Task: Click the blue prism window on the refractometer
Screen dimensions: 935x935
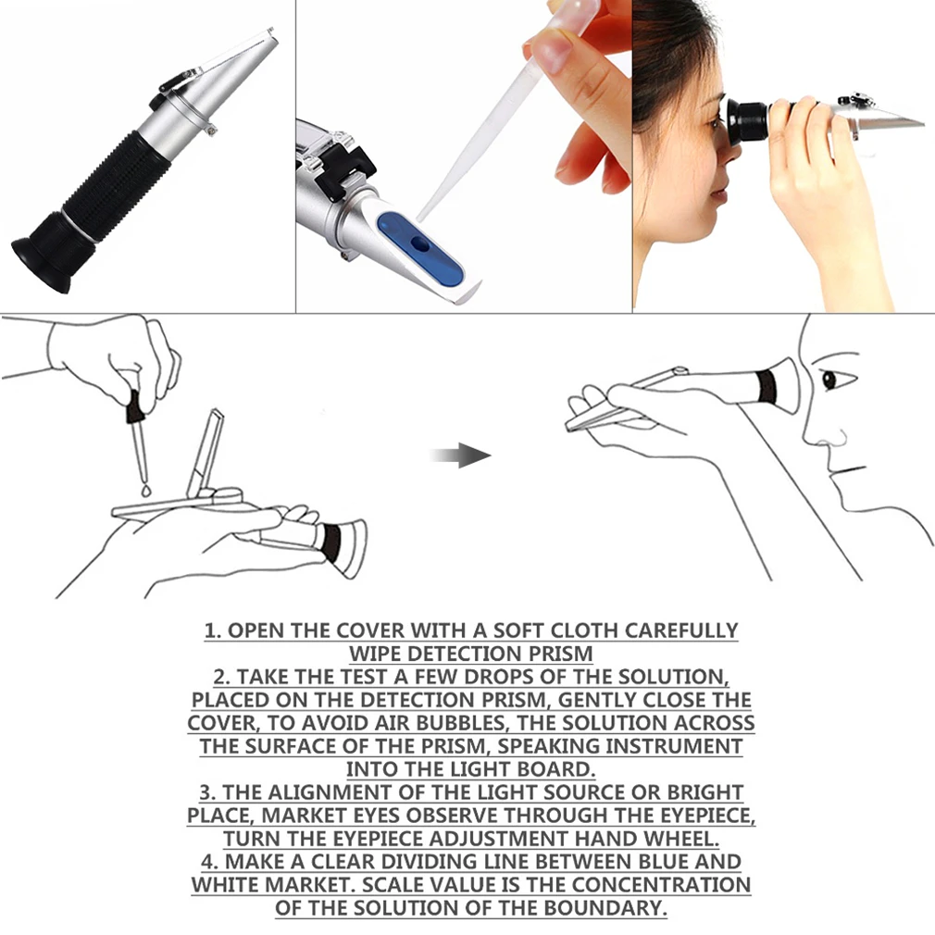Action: point(420,247)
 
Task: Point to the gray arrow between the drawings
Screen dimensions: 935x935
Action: point(460,455)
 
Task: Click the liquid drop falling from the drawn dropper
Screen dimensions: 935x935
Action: point(146,491)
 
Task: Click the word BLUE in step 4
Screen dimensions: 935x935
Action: point(663,862)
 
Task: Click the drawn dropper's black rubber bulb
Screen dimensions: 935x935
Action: point(135,405)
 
